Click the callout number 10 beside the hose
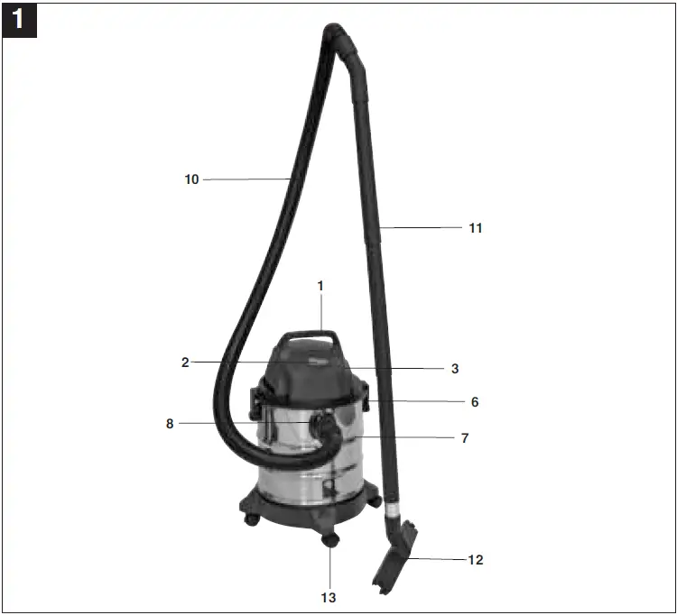pyautogui.click(x=191, y=179)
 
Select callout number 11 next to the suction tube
pyautogui.click(x=475, y=228)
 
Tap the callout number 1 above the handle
pyautogui.click(x=320, y=286)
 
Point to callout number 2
pyautogui.click(x=185, y=363)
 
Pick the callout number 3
pyautogui.click(x=455, y=369)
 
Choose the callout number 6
pyautogui.click(x=475, y=402)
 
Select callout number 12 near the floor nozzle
pyautogui.click(x=475, y=560)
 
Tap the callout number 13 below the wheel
pyautogui.click(x=330, y=596)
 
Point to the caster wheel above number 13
pyautogui.click(x=329, y=539)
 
